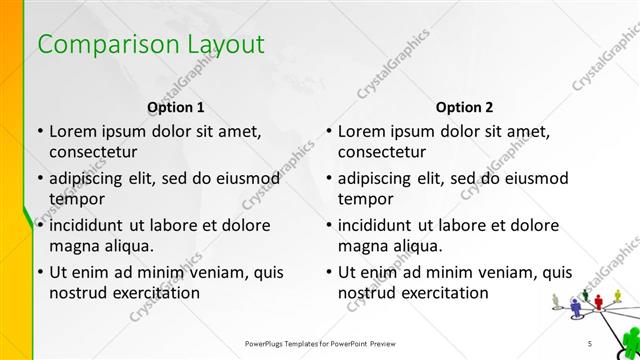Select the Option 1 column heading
click(x=176, y=106)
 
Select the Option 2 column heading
click(x=465, y=106)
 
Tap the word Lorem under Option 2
click(x=363, y=131)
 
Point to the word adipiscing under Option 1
click(x=92, y=178)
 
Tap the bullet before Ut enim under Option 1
click(x=39, y=272)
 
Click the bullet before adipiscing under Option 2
click(x=329, y=178)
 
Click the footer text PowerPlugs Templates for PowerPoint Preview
click(x=319, y=343)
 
